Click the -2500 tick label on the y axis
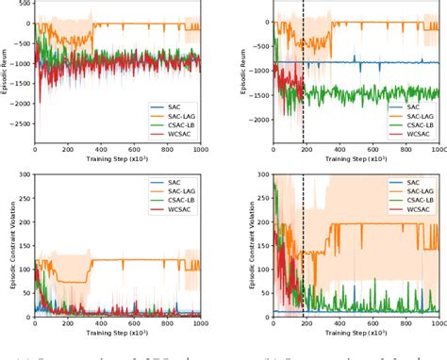coord(18,123)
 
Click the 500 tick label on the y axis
coord(23,3)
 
